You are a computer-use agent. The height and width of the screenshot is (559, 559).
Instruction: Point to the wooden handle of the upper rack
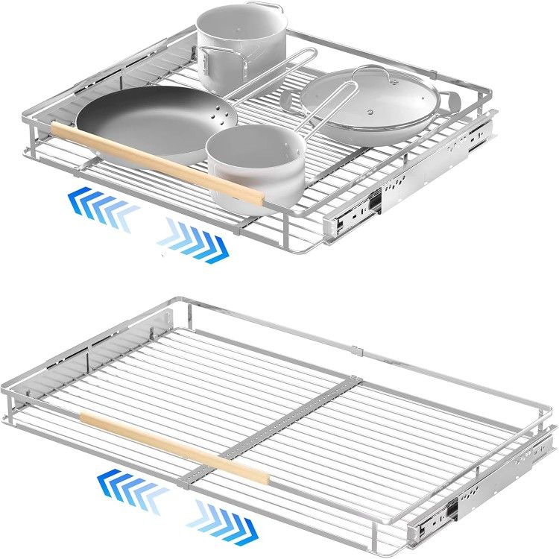point(157,164)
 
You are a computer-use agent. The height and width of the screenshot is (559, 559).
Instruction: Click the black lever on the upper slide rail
point(373,200)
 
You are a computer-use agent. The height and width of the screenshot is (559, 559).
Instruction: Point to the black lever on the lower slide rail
point(452,511)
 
